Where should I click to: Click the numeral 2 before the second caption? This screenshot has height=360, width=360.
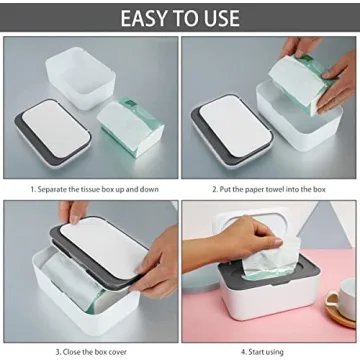click(212, 186)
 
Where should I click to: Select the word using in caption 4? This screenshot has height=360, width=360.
click(279, 352)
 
